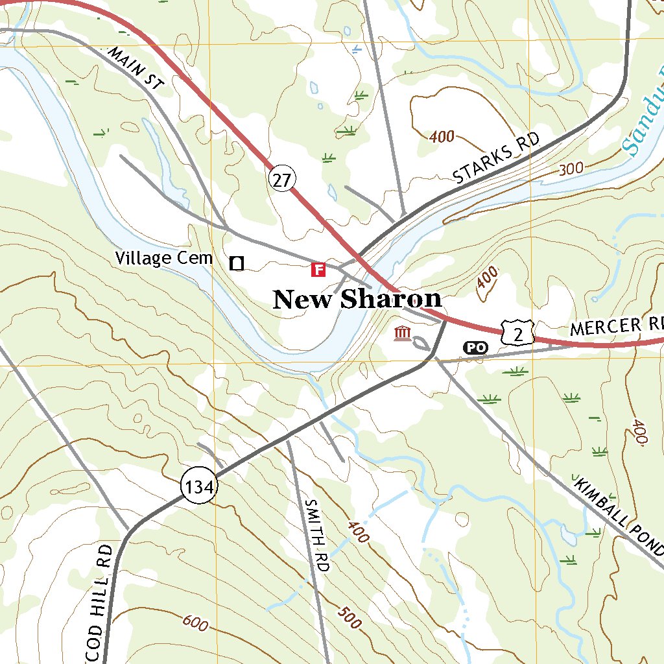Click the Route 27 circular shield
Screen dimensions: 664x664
click(281, 180)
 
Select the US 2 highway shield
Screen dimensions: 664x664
click(517, 334)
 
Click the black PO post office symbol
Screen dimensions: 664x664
click(475, 348)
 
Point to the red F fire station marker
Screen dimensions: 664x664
click(318, 269)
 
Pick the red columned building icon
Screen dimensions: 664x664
click(403, 334)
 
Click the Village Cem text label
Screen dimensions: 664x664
click(164, 258)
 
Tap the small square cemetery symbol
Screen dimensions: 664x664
click(237, 263)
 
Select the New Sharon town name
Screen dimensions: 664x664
click(357, 300)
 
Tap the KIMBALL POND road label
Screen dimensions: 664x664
click(619, 519)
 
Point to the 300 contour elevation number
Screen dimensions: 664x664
click(571, 169)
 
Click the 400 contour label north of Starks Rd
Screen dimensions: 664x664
click(442, 137)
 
